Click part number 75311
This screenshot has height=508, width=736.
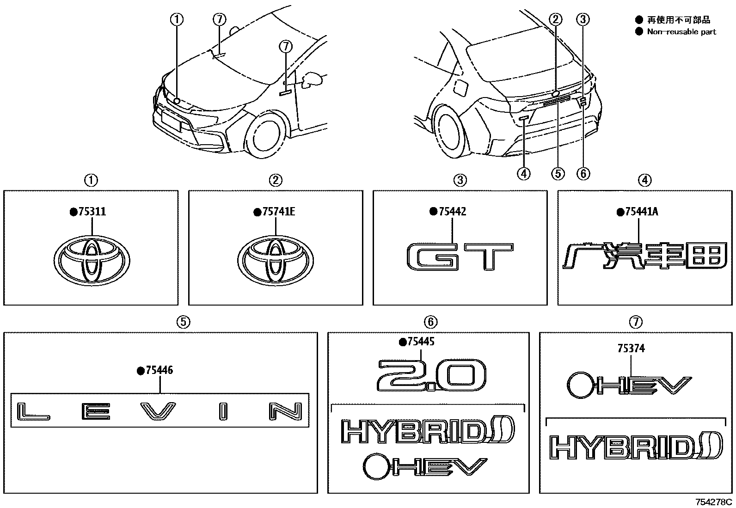point(92,212)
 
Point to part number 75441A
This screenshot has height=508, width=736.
point(641,212)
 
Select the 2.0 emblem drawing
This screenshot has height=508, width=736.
point(431,375)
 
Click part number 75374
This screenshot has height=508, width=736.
point(631,349)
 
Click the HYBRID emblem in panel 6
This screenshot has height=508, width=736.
point(427,431)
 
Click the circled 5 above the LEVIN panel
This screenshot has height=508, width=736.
point(184,322)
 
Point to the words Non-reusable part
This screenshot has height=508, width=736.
point(681,32)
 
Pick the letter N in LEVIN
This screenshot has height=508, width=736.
point(286,411)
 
